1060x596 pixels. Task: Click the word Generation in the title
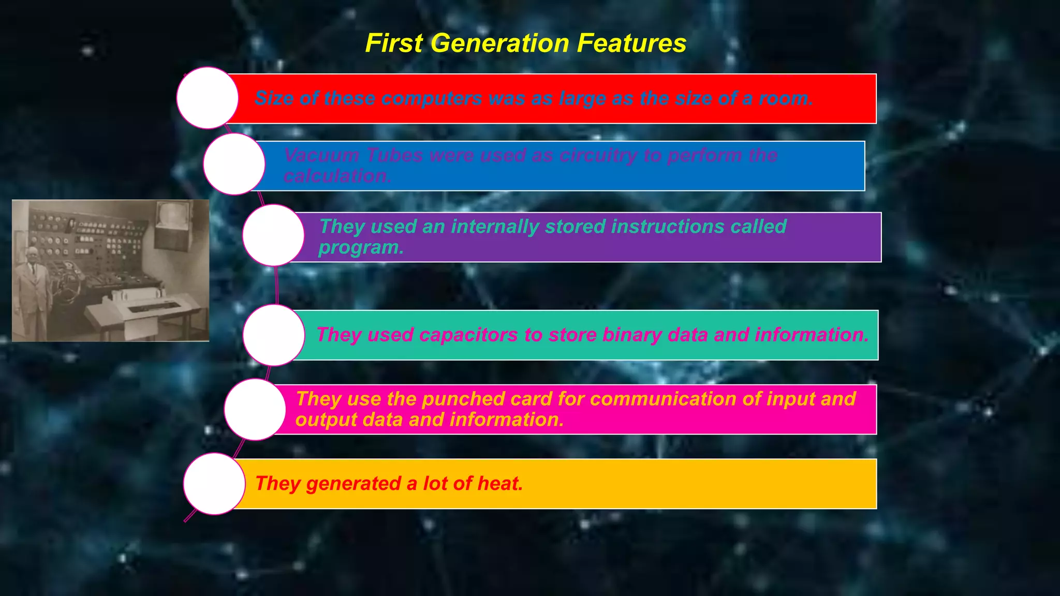[x=499, y=43]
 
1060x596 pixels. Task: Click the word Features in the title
[x=631, y=43]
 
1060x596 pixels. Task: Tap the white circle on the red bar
[x=207, y=98]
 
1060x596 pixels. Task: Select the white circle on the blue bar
[x=234, y=164]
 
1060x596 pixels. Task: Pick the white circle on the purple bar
[x=273, y=235]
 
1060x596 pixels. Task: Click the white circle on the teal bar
[x=273, y=335]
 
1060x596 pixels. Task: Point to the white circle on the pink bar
[x=255, y=409]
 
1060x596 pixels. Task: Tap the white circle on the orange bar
[x=214, y=484]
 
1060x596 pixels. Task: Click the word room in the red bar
[x=785, y=98]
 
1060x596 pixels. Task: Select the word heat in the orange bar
[x=499, y=484]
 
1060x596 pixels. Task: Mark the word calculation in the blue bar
[x=337, y=176]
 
